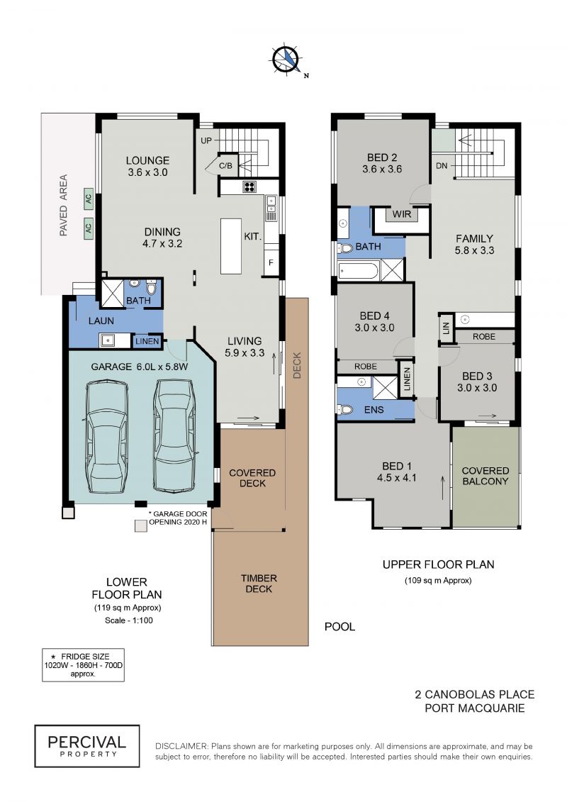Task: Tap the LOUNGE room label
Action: pyautogui.click(x=147, y=160)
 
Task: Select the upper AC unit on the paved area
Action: pyautogui.click(x=89, y=199)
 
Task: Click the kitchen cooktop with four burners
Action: pyautogui.click(x=249, y=186)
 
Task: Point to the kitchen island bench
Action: pyautogui.click(x=230, y=246)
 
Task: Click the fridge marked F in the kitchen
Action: pyautogui.click(x=271, y=263)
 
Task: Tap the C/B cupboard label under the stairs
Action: pyautogui.click(x=225, y=166)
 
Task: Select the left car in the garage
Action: pyautogui.click(x=107, y=436)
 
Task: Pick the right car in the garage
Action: pyautogui.click(x=174, y=435)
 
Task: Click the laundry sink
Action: pyautogui.click(x=108, y=340)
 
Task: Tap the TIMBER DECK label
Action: pyautogui.click(x=259, y=583)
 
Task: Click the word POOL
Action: pyautogui.click(x=339, y=627)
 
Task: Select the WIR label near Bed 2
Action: pyautogui.click(x=401, y=214)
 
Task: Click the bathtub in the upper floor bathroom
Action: pyautogui.click(x=359, y=270)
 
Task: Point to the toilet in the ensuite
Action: pyautogui.click(x=345, y=409)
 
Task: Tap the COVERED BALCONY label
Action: pyautogui.click(x=485, y=476)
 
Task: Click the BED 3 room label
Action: pyautogui.click(x=476, y=376)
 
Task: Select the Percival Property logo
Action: pyautogui.click(x=87, y=746)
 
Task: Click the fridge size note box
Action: pyautogui.click(x=83, y=665)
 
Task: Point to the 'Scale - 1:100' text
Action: pyautogui.click(x=129, y=620)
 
